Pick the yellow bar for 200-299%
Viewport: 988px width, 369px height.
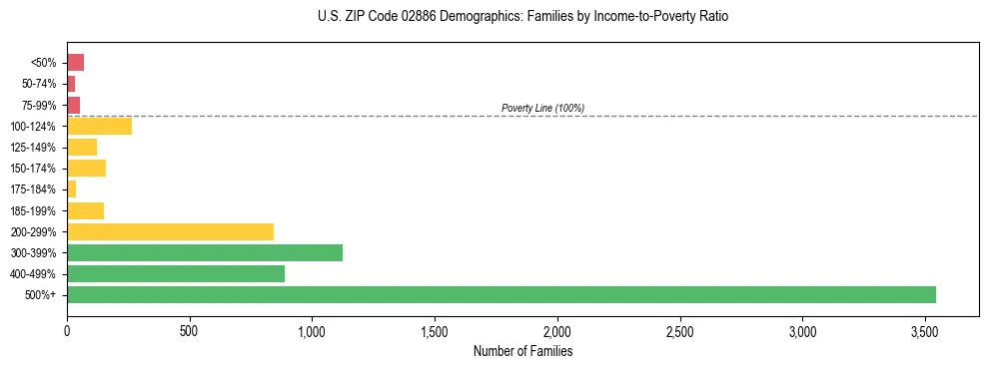(x=170, y=231)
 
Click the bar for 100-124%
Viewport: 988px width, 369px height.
(x=99, y=126)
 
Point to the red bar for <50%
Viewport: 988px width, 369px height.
(x=75, y=63)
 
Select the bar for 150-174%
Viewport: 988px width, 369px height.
(x=86, y=168)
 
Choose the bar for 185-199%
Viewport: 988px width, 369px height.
(x=85, y=210)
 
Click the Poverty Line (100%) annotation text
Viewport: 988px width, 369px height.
(x=542, y=108)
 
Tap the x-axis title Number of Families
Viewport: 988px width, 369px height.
(x=522, y=351)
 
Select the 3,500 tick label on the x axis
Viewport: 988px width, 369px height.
(x=925, y=330)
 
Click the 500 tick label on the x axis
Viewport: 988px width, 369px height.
(x=190, y=330)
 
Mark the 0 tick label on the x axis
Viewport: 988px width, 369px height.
(x=67, y=330)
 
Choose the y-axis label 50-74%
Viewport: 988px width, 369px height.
(x=41, y=84)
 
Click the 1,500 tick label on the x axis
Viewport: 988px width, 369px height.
(x=435, y=330)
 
